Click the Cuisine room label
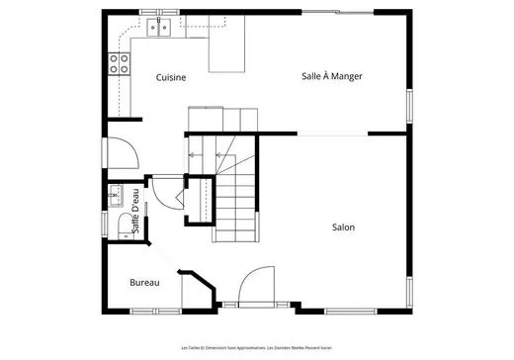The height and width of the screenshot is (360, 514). click(172, 76)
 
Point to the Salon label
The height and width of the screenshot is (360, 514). click(344, 227)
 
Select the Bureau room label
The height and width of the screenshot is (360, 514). click(144, 283)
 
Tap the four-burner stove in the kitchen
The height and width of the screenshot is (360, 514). click(120, 65)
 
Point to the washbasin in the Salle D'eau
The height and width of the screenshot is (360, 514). click(116, 194)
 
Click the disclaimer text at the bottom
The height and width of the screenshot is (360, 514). click(256, 347)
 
